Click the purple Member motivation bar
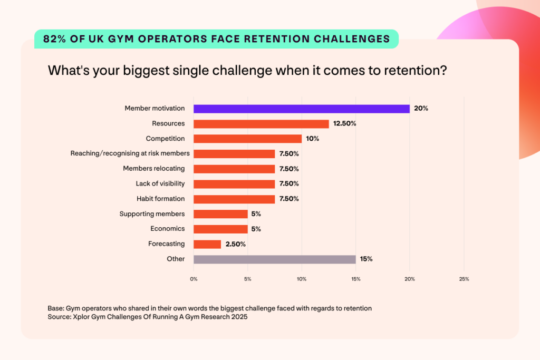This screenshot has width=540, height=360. tap(301, 109)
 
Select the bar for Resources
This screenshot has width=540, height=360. tap(261, 124)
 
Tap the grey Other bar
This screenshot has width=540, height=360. tap(274, 259)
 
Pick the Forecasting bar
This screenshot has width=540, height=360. tap(207, 244)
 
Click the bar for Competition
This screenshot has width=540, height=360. tap(247, 139)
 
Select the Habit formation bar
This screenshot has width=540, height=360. tap(234, 199)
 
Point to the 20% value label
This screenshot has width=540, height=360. tap(421, 109)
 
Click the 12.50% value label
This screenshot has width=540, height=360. tap(345, 124)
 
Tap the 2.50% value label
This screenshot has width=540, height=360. tap(235, 244)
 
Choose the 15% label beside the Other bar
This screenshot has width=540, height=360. tap(367, 259)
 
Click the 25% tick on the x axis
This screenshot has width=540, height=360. tap(464, 279)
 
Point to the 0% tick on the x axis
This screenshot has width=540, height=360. tap(194, 279)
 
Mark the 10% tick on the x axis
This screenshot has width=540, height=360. tap(302, 279)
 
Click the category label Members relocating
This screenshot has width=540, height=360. tap(153, 169)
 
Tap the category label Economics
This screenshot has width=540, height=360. tap(167, 229)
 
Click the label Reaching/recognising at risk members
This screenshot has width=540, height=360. tap(130, 154)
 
